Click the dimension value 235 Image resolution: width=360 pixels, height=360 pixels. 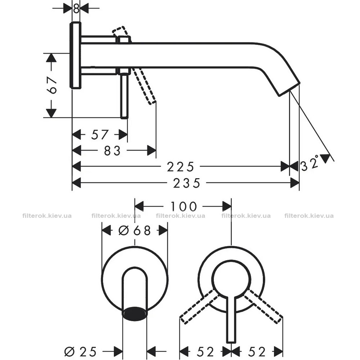click(x=186, y=183)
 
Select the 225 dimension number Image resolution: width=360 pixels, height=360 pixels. click(x=180, y=167)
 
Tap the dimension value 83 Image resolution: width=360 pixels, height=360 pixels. click(x=112, y=151)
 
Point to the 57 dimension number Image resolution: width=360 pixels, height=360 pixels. click(x=99, y=135)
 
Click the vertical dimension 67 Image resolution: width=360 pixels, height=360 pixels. click(x=51, y=85)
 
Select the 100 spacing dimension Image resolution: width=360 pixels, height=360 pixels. click(x=184, y=206)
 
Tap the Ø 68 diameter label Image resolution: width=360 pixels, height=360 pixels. click(x=135, y=230)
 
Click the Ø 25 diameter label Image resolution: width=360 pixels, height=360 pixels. click(x=81, y=351)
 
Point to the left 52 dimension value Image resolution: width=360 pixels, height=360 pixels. click(x=206, y=351)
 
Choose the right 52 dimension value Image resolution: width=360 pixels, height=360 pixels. click(x=257, y=351)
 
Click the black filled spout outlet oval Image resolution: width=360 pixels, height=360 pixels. click(x=135, y=313)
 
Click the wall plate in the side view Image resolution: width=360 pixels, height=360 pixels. click(x=76, y=55)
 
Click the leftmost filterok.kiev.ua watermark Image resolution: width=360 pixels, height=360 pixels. click(x=47, y=216)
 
